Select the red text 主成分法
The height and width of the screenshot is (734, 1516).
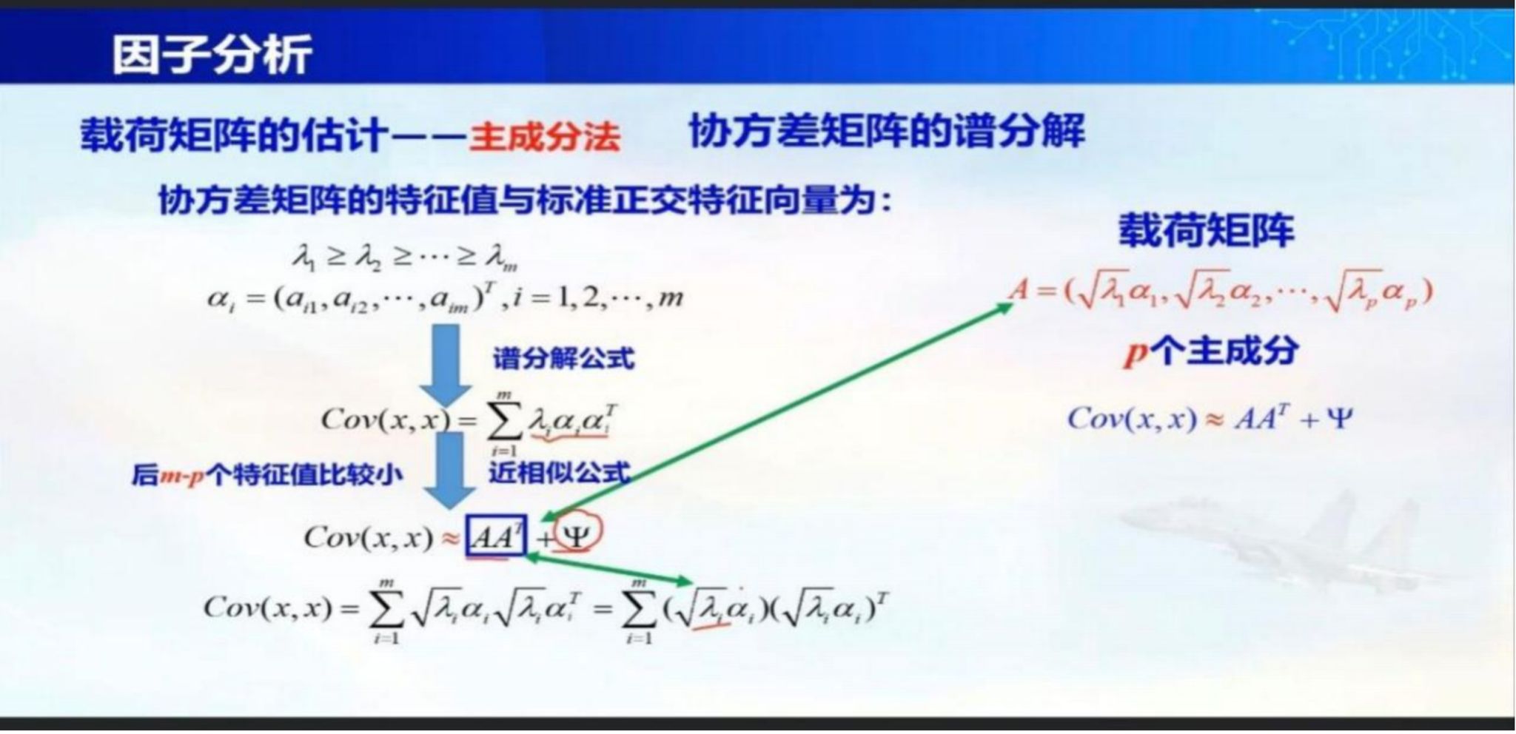tap(544, 137)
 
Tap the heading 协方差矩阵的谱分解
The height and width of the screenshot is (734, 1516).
tap(886, 132)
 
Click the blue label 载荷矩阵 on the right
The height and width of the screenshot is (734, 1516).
tap(1206, 230)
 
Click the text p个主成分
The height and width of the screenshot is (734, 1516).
tap(1211, 351)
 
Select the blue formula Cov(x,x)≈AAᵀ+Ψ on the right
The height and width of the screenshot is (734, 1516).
tap(1210, 419)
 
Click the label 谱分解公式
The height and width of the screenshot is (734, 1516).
tap(564, 358)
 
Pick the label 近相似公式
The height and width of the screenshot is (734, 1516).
tap(559, 471)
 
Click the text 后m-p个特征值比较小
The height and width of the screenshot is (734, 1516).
tap(267, 474)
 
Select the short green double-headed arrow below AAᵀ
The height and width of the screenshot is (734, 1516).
tap(607, 570)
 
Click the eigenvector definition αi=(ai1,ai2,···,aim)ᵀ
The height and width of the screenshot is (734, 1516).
tap(445, 297)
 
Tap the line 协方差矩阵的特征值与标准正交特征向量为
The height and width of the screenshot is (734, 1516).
tap(524, 199)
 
